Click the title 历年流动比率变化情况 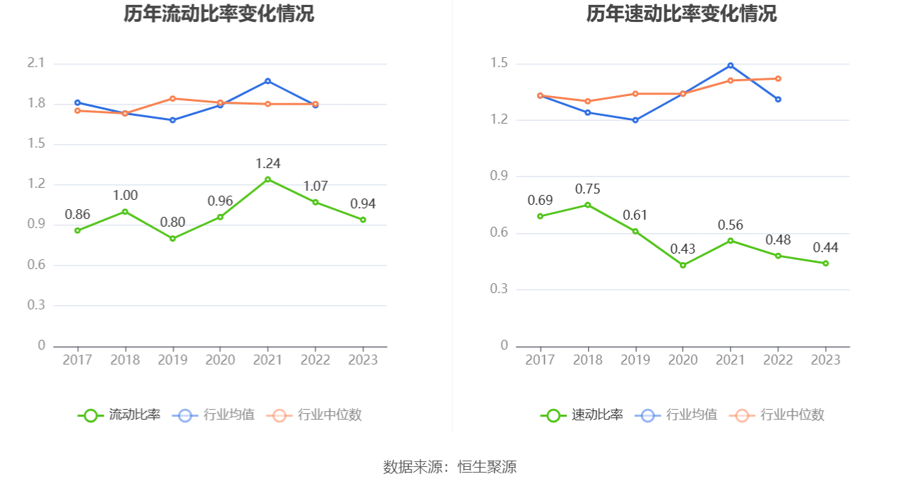(x=219, y=14)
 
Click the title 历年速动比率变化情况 (x=681, y=14)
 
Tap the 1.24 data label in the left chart (x=268, y=164)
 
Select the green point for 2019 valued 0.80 (x=172, y=239)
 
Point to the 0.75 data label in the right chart (x=587, y=189)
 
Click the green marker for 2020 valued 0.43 (x=683, y=265)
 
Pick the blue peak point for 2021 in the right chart (x=731, y=66)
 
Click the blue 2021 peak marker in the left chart (x=268, y=81)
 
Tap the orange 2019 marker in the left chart (x=172, y=98)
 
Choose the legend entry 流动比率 (x=120, y=415)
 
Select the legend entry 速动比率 (x=582, y=415)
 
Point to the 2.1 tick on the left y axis (x=36, y=64)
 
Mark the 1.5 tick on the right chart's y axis (x=499, y=64)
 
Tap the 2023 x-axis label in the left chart (x=363, y=360)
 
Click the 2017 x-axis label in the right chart (x=540, y=360)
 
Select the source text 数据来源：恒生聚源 (x=450, y=467)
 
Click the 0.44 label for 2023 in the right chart (x=825, y=248)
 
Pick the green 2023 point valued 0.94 (x=363, y=220)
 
